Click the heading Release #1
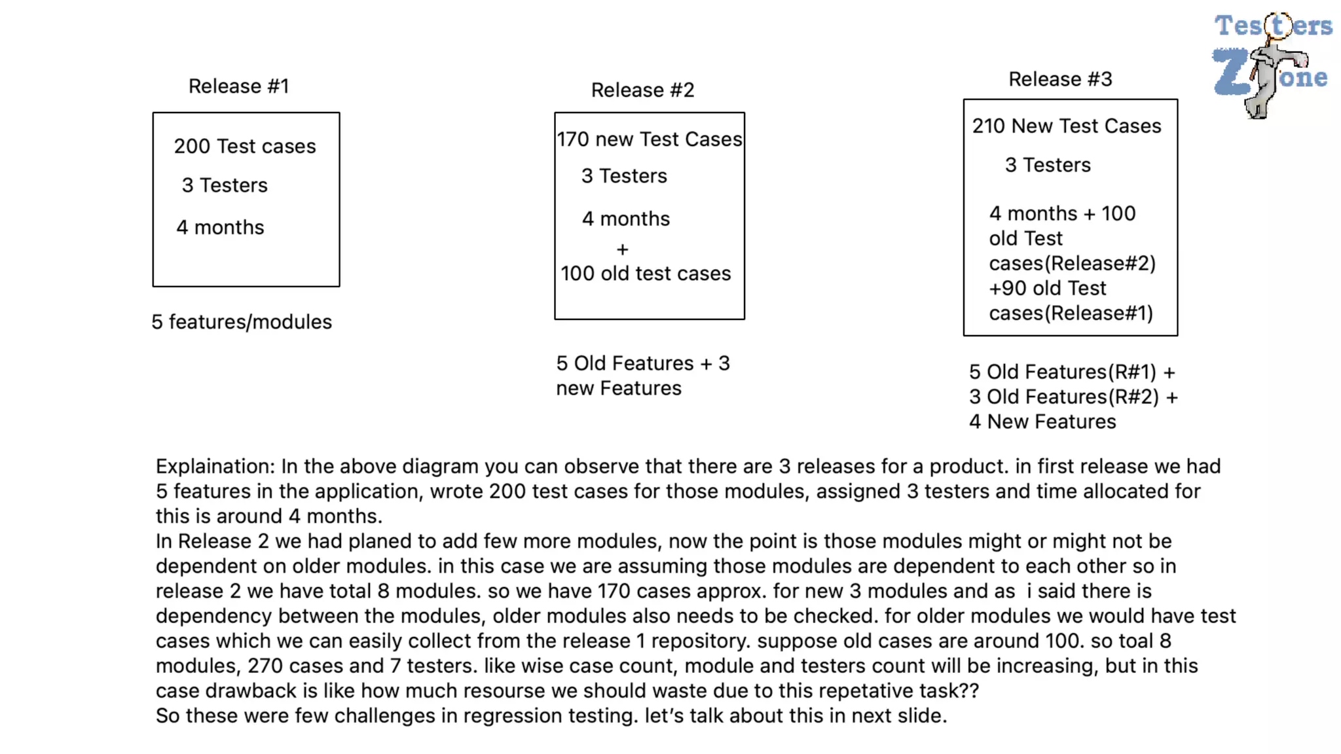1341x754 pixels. coord(238,86)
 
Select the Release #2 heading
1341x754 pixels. coord(642,90)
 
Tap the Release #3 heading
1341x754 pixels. coord(1059,79)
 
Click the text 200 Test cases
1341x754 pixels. coord(245,146)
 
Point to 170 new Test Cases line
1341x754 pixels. coord(649,139)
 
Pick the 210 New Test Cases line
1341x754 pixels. coord(1066,126)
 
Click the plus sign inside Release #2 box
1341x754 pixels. coord(622,249)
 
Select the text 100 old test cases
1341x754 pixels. coord(645,274)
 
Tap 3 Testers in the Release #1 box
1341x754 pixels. coord(225,185)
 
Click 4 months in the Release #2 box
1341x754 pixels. coord(625,219)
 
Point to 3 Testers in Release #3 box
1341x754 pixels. coord(1048,165)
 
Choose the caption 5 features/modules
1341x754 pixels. coord(242,322)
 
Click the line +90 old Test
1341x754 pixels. coord(1047,288)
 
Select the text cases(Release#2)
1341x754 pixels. coord(1072,263)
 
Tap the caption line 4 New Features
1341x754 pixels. coord(1042,422)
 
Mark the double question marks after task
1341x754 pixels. coord(968,691)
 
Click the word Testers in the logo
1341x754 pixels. coord(1273,26)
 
